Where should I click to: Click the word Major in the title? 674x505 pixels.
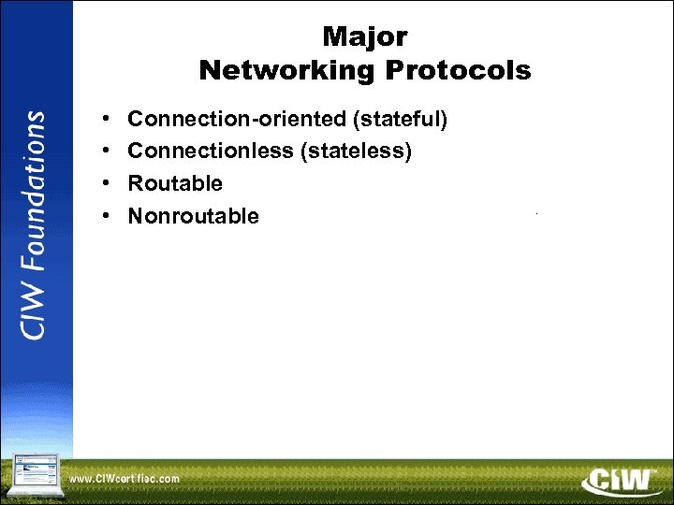(x=365, y=36)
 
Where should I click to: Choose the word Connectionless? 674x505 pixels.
(x=211, y=151)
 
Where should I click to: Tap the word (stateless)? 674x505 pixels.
(x=356, y=151)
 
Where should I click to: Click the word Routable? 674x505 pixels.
(x=175, y=183)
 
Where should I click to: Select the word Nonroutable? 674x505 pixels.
(x=194, y=216)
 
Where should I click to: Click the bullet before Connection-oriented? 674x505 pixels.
(x=107, y=120)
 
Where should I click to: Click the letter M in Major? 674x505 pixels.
(x=333, y=36)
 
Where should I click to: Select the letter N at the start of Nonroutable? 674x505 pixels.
(x=136, y=216)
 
